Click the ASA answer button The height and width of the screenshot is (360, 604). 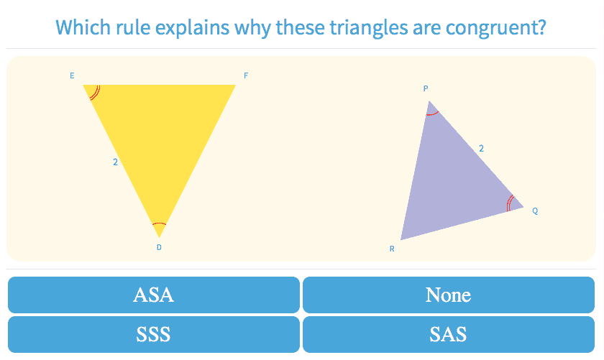pos(154,295)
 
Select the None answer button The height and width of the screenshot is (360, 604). pos(449,295)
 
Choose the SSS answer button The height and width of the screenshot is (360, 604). pos(154,334)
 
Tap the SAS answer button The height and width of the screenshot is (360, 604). pos(449,334)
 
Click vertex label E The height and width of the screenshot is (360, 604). pos(72,75)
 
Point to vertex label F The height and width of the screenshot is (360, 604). pos(246,75)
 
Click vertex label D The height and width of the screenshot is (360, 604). pos(159,247)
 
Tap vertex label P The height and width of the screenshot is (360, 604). pos(426,88)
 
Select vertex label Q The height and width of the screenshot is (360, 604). pos(535,211)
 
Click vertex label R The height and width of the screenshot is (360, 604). pos(392,249)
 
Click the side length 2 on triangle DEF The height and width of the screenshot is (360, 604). pos(115,162)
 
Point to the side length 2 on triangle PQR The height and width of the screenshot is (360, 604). pos(481,148)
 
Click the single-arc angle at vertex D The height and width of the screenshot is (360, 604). pos(159,223)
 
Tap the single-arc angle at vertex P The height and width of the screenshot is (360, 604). pos(433,114)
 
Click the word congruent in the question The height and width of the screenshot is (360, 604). pos(495,27)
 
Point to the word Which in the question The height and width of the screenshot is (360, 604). pos(78,27)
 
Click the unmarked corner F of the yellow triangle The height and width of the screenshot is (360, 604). pos(235,85)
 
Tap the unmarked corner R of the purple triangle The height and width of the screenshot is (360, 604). pos(401,239)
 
